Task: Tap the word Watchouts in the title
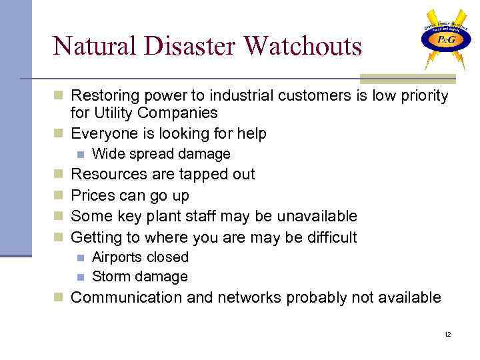coord(303,46)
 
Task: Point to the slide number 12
coord(447,334)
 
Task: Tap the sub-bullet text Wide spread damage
coord(161,154)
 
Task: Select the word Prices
coord(92,196)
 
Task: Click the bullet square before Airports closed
coord(80,258)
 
